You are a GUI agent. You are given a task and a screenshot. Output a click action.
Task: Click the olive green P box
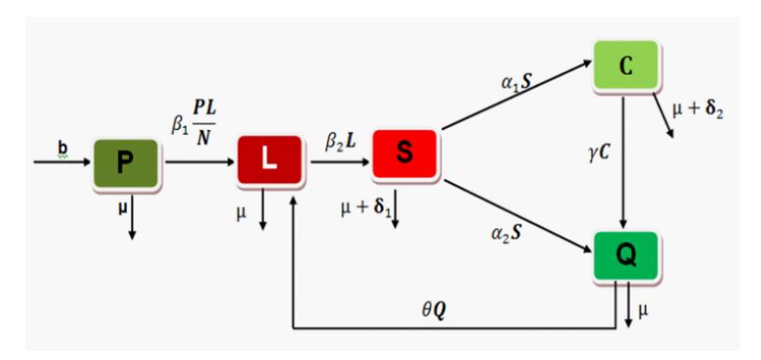click(125, 164)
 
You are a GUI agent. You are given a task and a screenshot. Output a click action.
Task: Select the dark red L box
click(269, 160)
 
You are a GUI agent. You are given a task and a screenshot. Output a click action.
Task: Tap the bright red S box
click(405, 154)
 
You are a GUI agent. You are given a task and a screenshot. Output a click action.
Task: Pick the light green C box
click(625, 66)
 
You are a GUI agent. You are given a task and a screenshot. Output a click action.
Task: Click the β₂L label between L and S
click(341, 143)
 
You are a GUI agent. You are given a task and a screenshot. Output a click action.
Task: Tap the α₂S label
click(506, 233)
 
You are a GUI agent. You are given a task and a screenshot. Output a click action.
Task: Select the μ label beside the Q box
click(642, 310)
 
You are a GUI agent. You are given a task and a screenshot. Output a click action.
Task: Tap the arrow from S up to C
click(517, 95)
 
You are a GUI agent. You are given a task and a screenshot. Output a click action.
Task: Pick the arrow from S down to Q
click(518, 216)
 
